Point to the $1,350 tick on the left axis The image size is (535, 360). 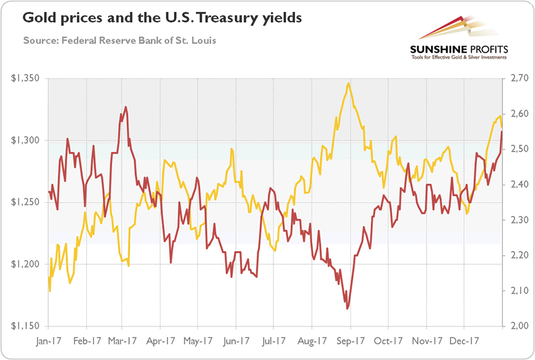pos(27,79)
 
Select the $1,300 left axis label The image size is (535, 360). pos(27,141)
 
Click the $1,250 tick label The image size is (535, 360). pos(27,203)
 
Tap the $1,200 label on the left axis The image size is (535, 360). pos(27,264)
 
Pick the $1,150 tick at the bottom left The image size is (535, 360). pos(27,326)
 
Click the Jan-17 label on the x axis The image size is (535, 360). pos(49,340)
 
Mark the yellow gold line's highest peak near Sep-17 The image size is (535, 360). pos(349,84)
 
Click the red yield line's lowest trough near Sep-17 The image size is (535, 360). pos(347,308)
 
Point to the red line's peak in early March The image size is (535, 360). pos(126,107)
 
